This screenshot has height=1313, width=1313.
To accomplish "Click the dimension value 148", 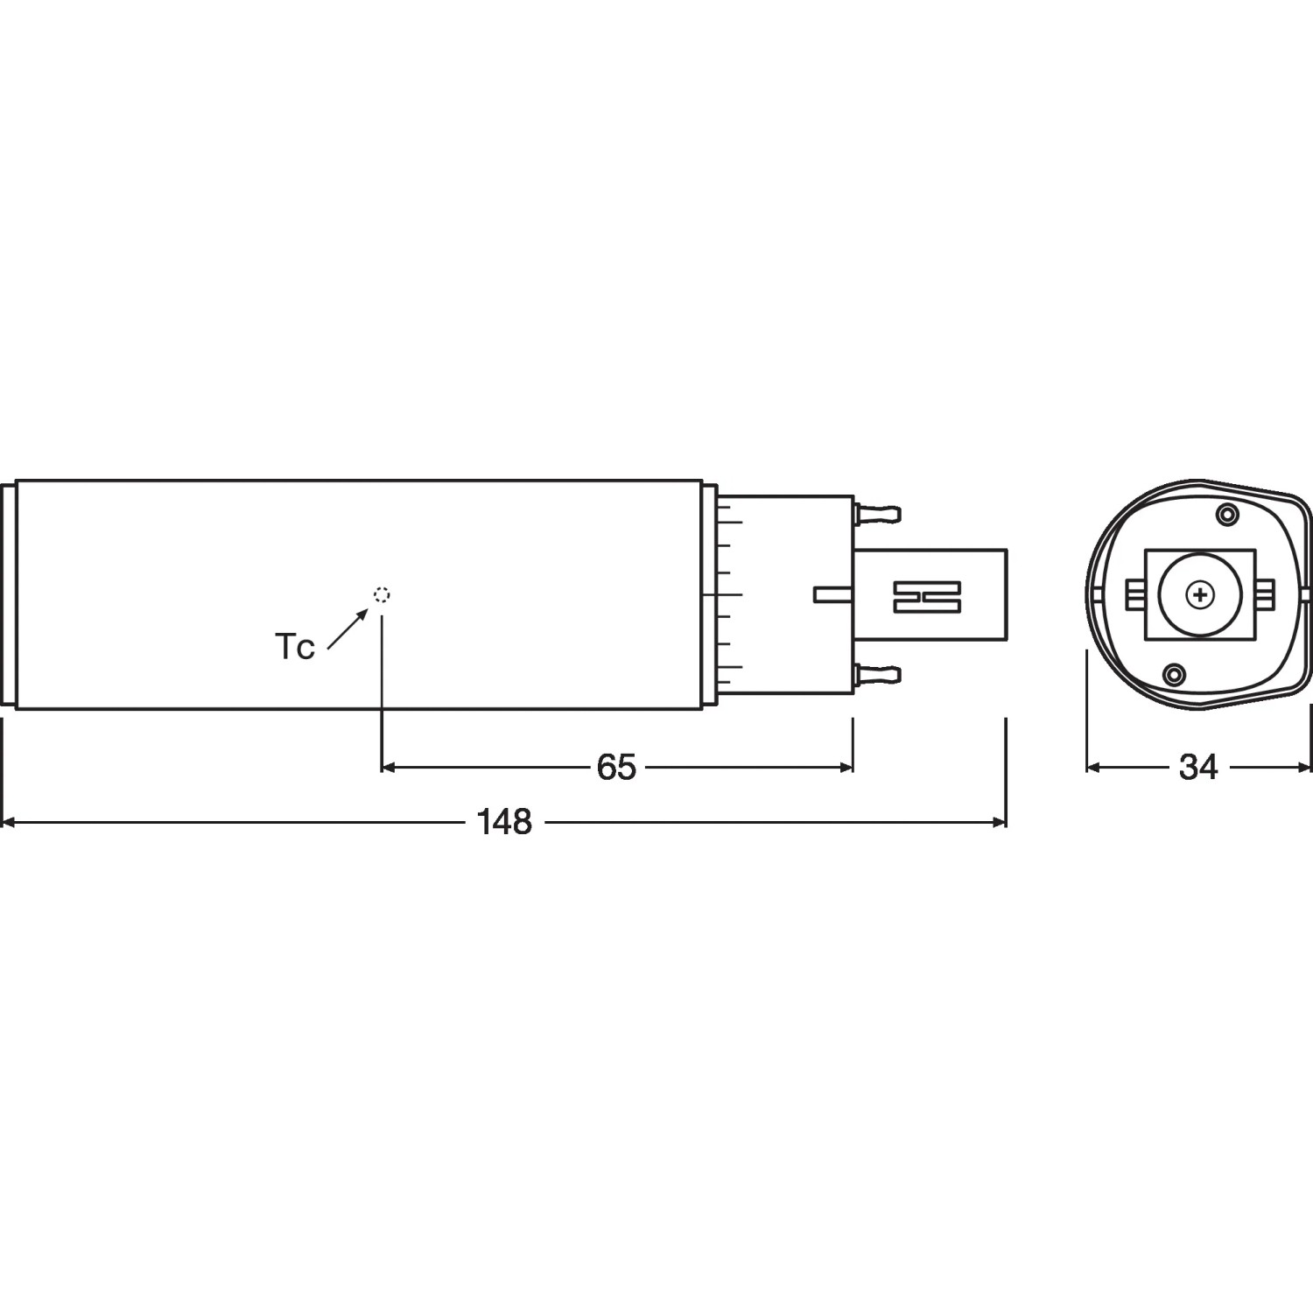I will [x=505, y=822].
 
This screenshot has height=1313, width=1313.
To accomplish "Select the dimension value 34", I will [x=1198, y=767].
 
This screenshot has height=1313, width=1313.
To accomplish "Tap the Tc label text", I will [x=295, y=648].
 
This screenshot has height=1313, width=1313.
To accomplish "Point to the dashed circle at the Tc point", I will [x=382, y=595].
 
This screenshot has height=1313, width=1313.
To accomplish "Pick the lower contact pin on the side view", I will [x=878, y=673].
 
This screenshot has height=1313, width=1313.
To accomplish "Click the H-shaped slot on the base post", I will [x=927, y=596].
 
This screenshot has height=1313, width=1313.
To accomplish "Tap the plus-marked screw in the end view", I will [x=1199, y=596].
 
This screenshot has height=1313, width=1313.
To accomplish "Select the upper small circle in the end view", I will [x=1228, y=515].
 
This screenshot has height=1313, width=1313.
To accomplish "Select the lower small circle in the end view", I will [x=1174, y=673].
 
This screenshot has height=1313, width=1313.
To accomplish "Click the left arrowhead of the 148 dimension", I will [x=9, y=822].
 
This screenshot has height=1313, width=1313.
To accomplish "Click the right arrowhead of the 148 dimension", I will [x=999, y=822].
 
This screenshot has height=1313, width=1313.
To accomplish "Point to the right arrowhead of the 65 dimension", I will [x=846, y=767].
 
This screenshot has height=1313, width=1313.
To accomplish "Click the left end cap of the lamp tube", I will [x=10, y=595].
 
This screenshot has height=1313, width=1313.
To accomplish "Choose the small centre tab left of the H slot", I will [x=834, y=594].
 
